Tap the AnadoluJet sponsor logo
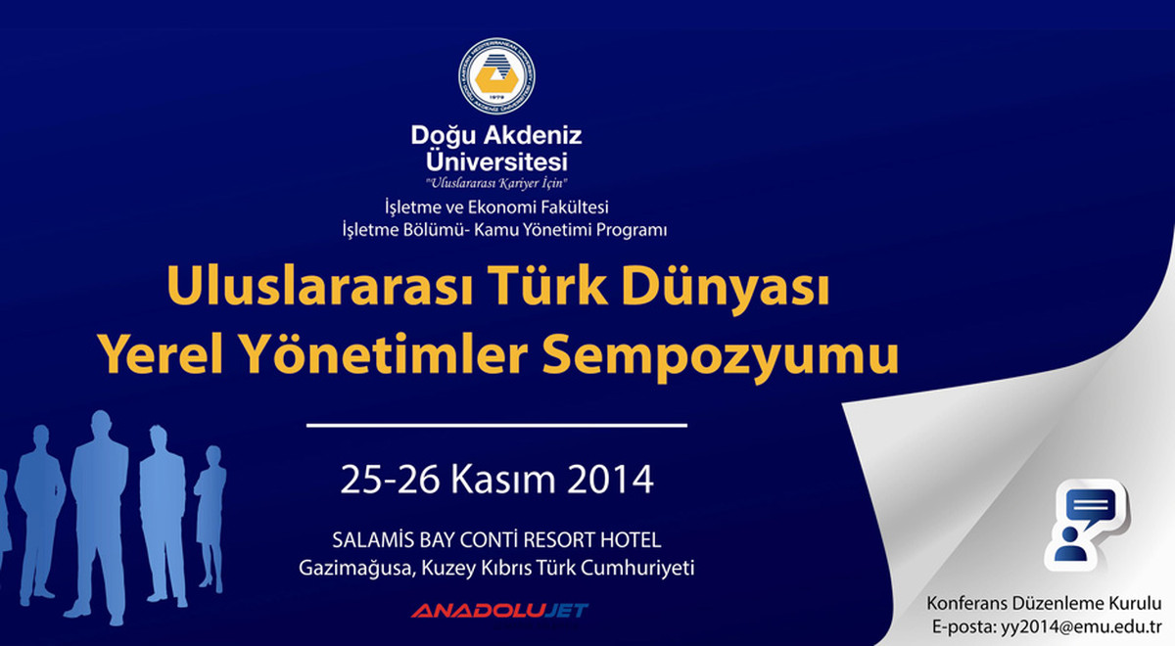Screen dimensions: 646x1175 [499, 611]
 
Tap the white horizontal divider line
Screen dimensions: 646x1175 [496, 426]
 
